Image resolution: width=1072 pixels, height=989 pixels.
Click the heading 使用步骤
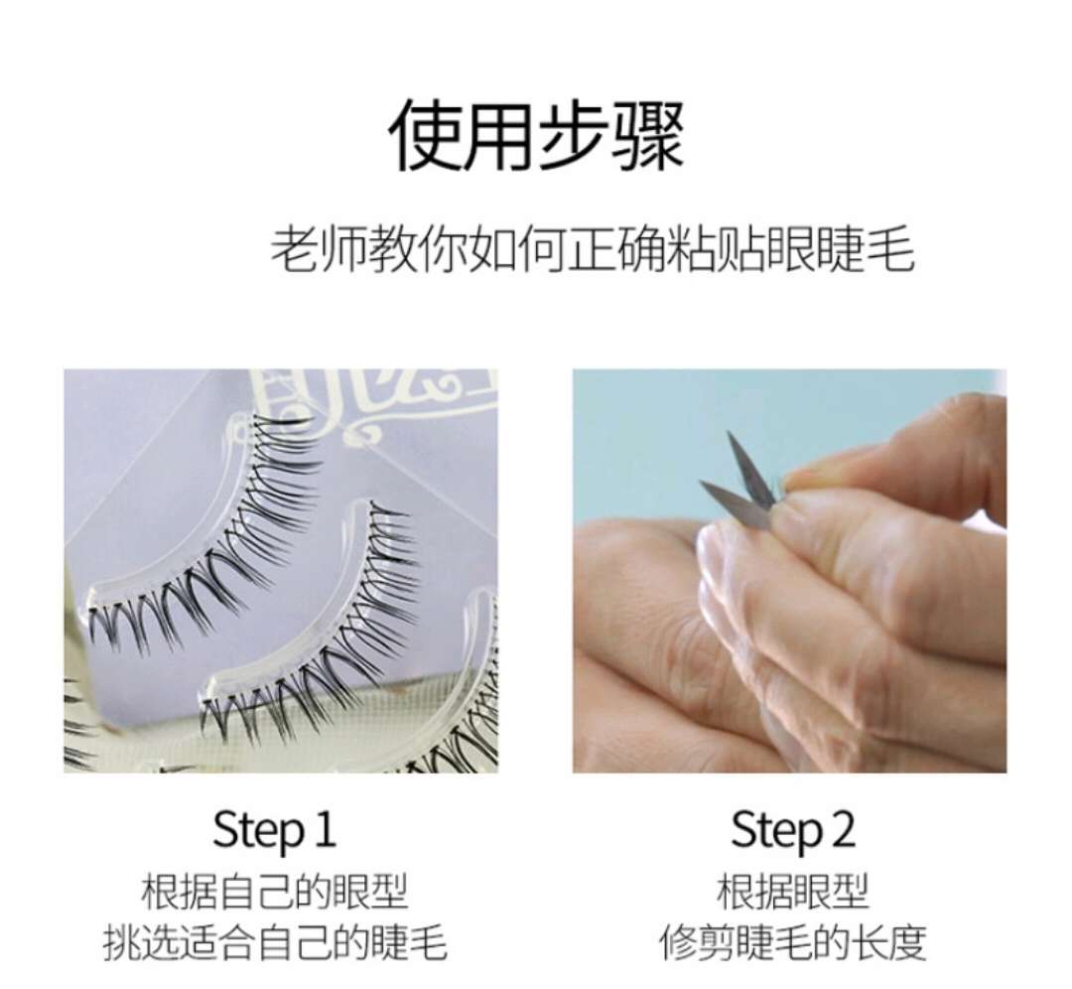point(537,135)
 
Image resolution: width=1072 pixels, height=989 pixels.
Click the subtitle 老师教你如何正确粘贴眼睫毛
point(593,249)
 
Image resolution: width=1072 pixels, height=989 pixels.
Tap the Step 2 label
point(792,831)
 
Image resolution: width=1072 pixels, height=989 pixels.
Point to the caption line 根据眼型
point(792,892)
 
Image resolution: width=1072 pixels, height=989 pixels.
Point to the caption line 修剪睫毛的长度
point(792,942)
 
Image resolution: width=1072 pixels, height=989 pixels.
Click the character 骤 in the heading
point(647,135)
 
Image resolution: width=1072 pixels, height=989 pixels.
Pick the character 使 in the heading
point(426,135)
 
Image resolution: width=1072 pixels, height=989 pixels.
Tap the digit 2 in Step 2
point(842,829)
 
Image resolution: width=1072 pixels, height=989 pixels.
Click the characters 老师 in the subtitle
point(319,249)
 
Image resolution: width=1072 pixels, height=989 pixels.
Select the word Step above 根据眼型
point(776,831)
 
